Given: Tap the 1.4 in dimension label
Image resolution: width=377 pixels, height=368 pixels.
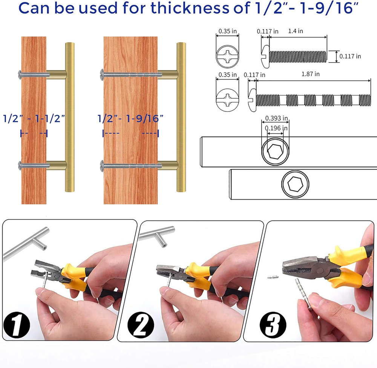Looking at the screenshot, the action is [296, 31].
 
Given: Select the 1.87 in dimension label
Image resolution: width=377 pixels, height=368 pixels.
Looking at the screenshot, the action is [310, 74].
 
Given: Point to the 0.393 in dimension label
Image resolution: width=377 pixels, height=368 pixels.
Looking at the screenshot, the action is [276, 118].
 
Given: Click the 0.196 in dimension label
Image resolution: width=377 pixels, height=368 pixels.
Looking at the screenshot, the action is [276, 128].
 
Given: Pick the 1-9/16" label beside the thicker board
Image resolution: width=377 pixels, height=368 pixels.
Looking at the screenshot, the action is [145, 119].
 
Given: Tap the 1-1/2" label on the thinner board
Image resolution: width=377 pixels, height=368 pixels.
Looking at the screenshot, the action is [50, 119].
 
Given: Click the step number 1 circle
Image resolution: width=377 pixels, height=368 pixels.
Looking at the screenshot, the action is [17, 325].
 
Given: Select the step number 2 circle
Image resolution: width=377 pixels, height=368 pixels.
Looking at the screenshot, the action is [141, 325].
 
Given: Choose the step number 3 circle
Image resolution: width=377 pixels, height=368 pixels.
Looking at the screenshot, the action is [273, 325].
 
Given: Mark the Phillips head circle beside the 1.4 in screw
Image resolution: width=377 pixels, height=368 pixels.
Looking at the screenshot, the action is [227, 56].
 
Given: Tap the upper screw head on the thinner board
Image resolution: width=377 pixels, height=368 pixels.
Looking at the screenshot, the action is [20, 75].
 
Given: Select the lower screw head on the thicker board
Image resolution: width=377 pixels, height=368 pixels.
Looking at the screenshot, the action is [102, 166].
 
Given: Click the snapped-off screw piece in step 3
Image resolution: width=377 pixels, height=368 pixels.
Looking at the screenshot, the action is [273, 277].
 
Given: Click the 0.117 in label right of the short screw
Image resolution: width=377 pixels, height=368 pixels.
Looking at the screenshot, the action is [350, 56].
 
